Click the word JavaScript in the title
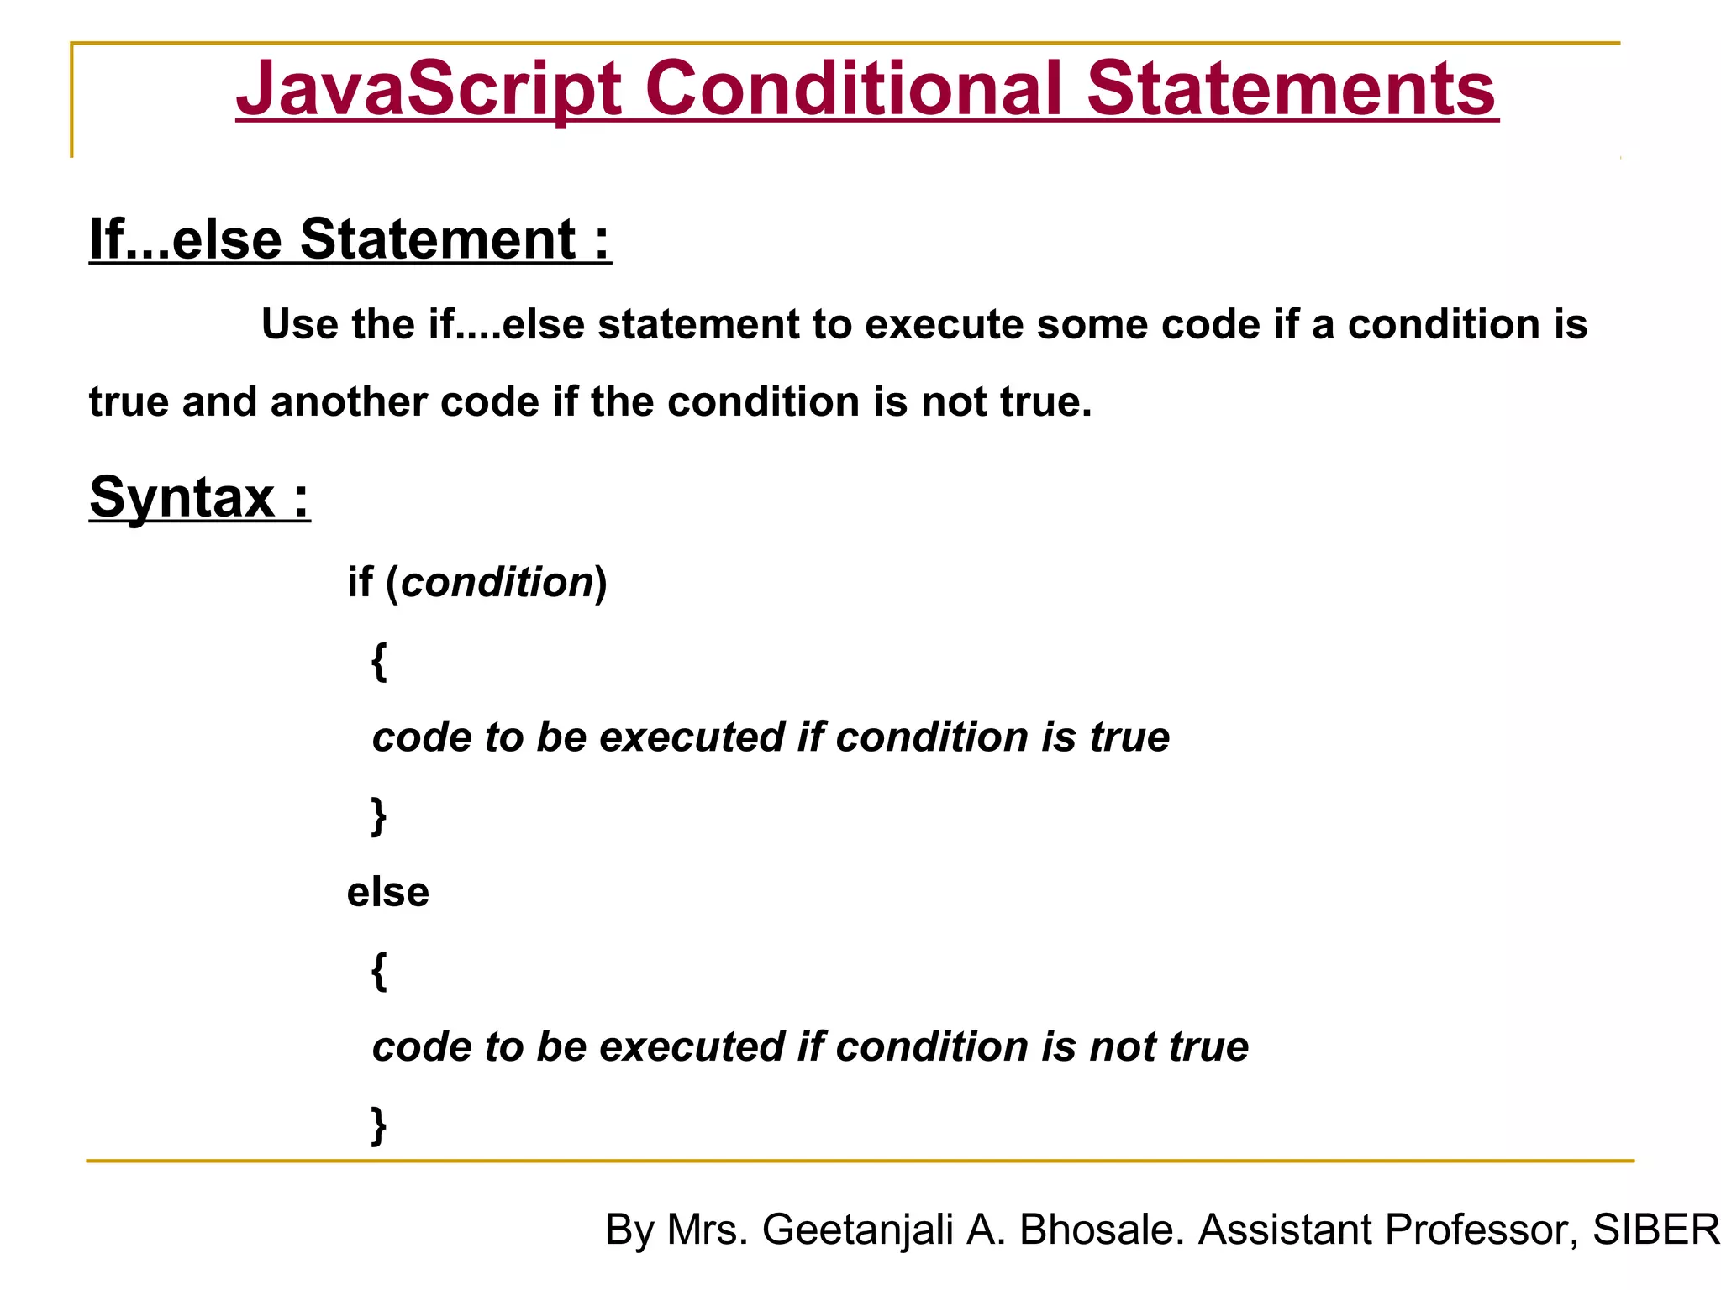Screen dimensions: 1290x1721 (429, 89)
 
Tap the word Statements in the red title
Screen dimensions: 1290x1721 (1292, 89)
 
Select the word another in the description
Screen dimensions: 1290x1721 (348, 401)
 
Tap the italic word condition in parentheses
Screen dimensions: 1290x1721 (497, 582)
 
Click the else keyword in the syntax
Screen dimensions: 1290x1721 (387, 892)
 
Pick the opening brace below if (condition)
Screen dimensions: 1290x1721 (379, 661)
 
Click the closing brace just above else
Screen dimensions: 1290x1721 (379, 815)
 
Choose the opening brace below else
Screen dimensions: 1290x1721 (379, 971)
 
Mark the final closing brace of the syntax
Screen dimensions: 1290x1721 (379, 1125)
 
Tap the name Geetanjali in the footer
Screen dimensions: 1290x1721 (857, 1230)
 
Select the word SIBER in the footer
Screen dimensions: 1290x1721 (1655, 1230)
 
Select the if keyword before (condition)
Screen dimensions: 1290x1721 (360, 582)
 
